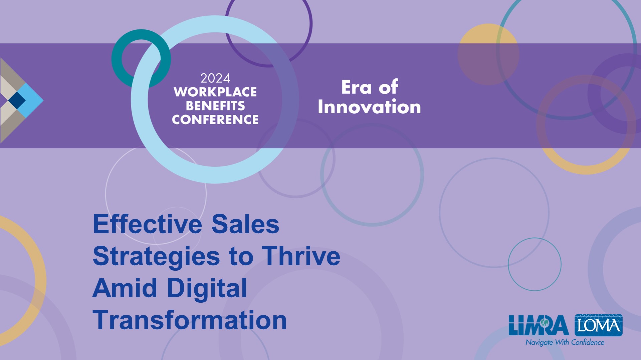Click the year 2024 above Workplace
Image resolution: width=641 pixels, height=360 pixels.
[x=215, y=78]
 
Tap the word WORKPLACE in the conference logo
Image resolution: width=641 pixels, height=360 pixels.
[x=215, y=92]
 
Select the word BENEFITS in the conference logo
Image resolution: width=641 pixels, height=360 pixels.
[x=215, y=106]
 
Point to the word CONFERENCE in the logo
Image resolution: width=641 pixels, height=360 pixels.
[x=215, y=119]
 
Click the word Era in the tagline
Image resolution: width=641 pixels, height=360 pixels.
[x=357, y=88]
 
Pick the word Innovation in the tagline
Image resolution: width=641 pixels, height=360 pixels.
[x=369, y=107]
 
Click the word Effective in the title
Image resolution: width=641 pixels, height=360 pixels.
[x=148, y=224]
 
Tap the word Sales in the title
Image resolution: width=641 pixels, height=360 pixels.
[x=245, y=224]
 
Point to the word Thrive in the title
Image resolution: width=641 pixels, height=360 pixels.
[x=301, y=256]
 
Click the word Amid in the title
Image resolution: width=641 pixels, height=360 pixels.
[x=125, y=288]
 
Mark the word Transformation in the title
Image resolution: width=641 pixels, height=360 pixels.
[x=190, y=320]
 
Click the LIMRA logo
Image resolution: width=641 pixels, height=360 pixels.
[x=539, y=325]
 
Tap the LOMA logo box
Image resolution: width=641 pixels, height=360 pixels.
[x=599, y=325]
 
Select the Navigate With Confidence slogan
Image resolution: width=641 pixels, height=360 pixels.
[x=565, y=342]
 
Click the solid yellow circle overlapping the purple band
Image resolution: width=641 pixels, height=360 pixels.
[x=488, y=54]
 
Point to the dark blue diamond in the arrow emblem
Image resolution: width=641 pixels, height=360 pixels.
[x=17, y=100]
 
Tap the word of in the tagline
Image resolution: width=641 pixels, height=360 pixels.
[x=388, y=87]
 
